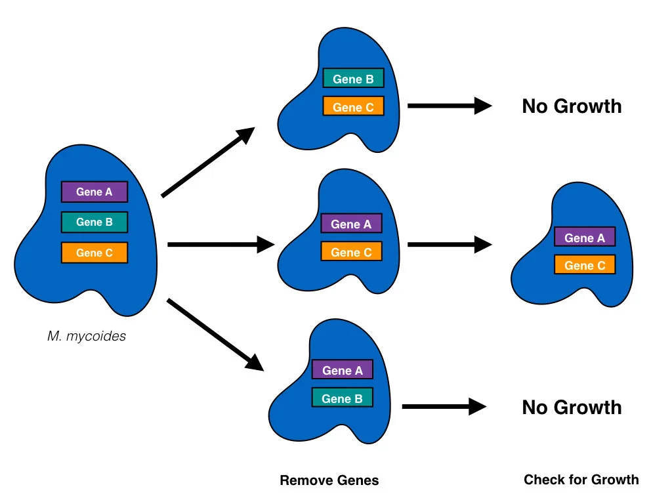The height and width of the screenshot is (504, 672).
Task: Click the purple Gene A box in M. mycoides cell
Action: point(94,192)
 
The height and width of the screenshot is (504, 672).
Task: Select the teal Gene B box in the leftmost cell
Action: point(94,222)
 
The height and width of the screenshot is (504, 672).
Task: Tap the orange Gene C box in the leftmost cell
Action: point(94,253)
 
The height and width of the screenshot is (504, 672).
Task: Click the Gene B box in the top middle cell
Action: point(353,79)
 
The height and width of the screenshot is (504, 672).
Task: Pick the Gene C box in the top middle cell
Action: point(353,106)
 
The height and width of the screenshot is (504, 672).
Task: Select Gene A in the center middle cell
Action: point(351,224)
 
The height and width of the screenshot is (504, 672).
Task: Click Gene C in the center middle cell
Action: point(351,251)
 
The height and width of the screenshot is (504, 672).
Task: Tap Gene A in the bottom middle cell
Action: point(342,370)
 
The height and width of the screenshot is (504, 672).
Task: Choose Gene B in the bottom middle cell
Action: point(342,398)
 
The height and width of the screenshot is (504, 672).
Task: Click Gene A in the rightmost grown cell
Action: point(585,238)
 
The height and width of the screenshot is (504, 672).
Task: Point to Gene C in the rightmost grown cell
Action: point(585,265)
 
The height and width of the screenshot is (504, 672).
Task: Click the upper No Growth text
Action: point(572,106)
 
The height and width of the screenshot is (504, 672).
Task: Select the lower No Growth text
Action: point(572,408)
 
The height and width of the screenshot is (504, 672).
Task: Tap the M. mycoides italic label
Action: point(87,337)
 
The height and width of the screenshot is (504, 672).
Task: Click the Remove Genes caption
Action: point(329,480)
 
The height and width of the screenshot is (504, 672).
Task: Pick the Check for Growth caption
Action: point(581,480)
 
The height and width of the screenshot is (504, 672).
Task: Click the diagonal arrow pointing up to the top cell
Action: point(207,162)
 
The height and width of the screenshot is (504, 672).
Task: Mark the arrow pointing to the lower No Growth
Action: point(444,407)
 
